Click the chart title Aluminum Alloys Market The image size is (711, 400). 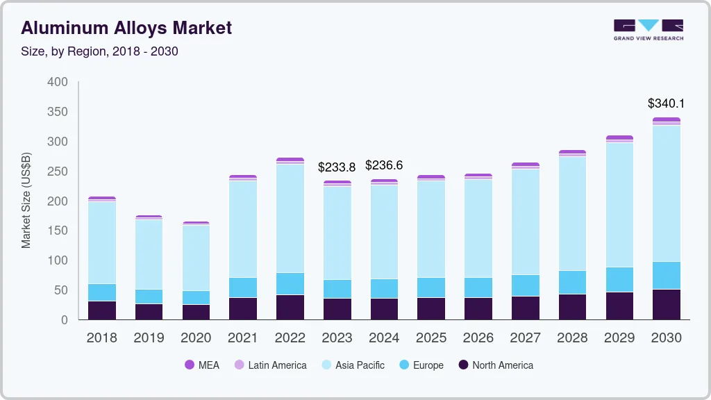pyautogui.click(x=126, y=28)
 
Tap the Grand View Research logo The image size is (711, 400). pyautogui.click(x=649, y=30)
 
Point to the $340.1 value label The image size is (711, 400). pyautogui.click(x=666, y=103)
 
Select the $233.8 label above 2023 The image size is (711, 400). pyautogui.click(x=337, y=167)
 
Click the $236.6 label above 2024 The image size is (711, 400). pyautogui.click(x=384, y=165)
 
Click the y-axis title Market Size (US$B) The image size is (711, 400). pyautogui.click(x=26, y=200)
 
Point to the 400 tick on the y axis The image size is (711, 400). pyautogui.click(x=58, y=82)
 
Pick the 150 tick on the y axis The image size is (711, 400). pyautogui.click(x=58, y=231)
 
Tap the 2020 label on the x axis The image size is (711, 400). pyautogui.click(x=196, y=338)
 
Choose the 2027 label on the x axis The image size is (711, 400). pyautogui.click(x=525, y=338)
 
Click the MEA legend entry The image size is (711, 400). pyautogui.click(x=201, y=365)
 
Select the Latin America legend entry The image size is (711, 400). pyautogui.click(x=270, y=365)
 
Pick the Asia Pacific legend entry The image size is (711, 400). pyautogui.click(x=353, y=365)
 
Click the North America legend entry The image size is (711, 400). pyautogui.click(x=496, y=365)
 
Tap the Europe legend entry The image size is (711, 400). pyautogui.click(x=421, y=365)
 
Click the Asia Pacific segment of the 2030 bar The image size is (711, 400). pyautogui.click(x=666, y=194)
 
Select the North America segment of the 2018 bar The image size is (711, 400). pyautogui.click(x=102, y=310)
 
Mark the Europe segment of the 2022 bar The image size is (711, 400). pyautogui.click(x=290, y=283)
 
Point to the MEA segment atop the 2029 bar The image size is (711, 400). pyautogui.click(x=619, y=137)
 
